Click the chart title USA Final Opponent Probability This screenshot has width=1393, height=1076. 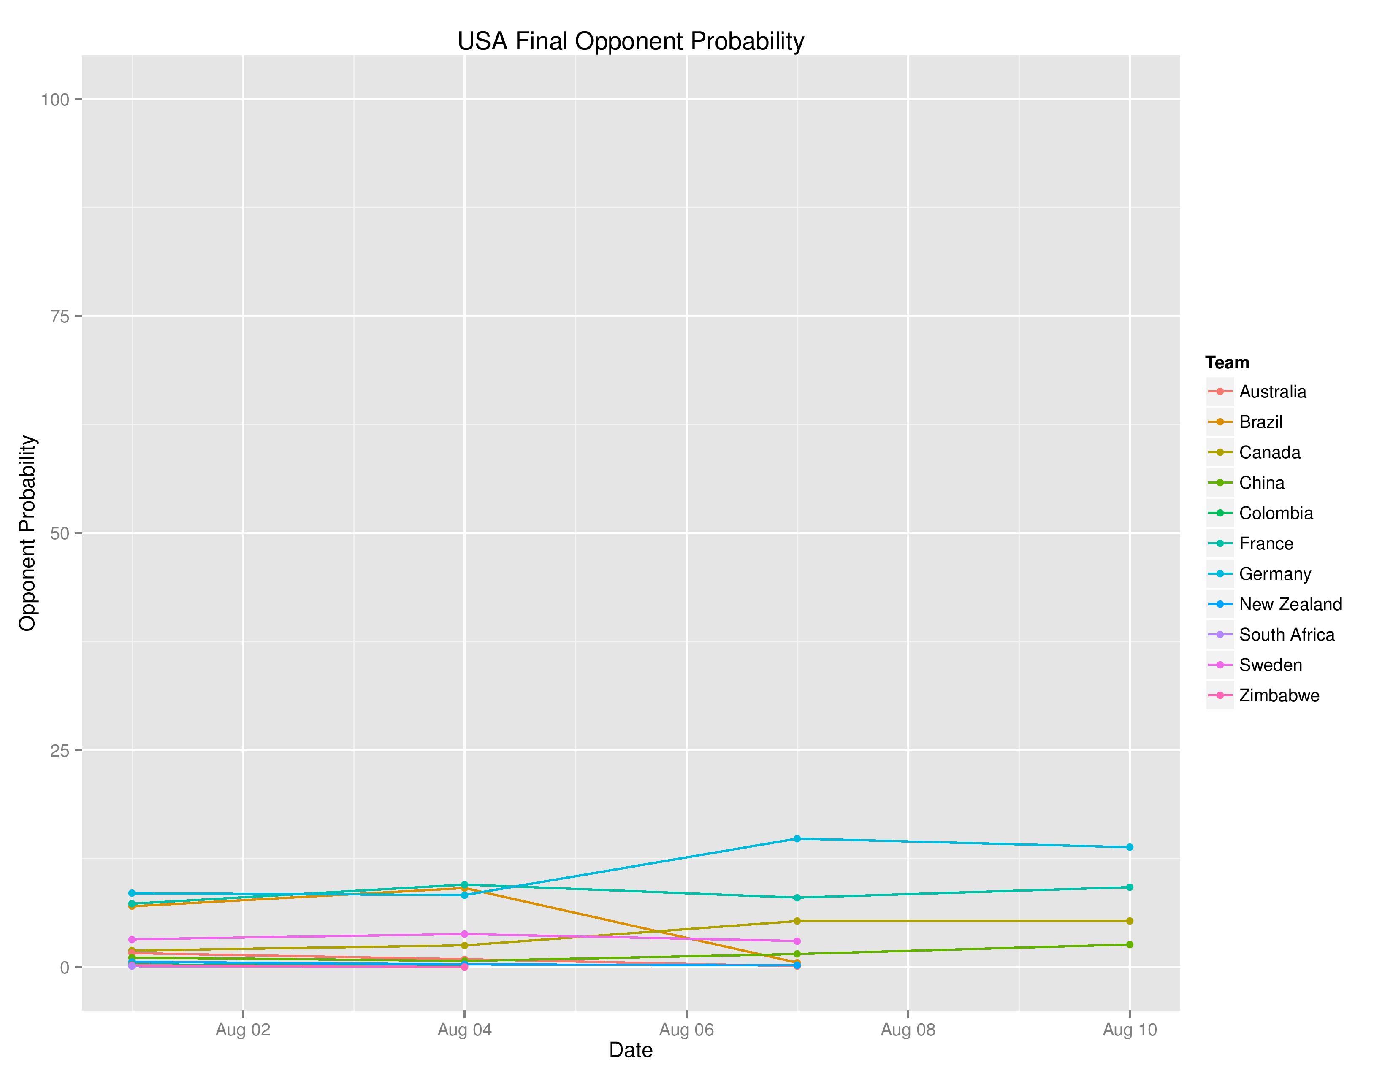click(x=630, y=41)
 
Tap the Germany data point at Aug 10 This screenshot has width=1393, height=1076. click(x=1130, y=847)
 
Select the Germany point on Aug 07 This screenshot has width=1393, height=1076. click(x=797, y=838)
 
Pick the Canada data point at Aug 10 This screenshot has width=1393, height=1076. click(x=1130, y=921)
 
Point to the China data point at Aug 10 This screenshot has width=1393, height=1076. click(x=1130, y=945)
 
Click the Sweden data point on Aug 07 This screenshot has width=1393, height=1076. click(x=797, y=941)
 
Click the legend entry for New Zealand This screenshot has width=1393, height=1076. click(x=1290, y=604)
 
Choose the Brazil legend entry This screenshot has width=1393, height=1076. click(x=1260, y=422)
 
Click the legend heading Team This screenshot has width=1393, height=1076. click(x=1227, y=363)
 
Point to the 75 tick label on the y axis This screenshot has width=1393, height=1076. click(x=60, y=316)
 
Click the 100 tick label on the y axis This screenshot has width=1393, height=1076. click(x=55, y=100)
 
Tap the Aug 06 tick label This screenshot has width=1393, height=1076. click(x=686, y=1030)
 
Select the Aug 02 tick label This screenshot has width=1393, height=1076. click(x=243, y=1030)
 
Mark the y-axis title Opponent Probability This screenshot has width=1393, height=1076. click(x=27, y=533)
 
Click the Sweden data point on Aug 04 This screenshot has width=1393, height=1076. click(x=464, y=934)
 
